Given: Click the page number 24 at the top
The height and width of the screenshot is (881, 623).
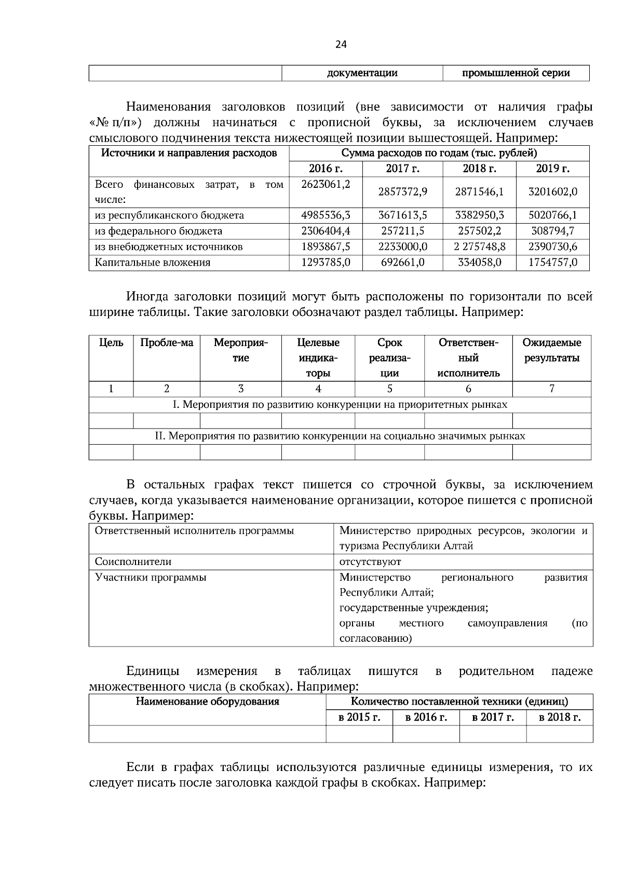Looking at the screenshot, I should tap(341, 45).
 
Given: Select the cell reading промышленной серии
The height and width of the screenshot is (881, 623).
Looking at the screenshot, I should tap(516, 73).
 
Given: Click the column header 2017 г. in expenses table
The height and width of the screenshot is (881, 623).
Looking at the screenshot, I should tap(402, 169).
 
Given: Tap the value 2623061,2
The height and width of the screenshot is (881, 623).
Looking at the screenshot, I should tap(326, 184).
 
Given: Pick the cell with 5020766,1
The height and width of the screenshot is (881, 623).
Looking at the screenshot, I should tap(552, 215).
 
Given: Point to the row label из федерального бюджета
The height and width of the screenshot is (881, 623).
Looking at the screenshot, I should tap(158, 231).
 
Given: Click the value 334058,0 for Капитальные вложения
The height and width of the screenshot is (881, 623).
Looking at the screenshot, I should tap(479, 262).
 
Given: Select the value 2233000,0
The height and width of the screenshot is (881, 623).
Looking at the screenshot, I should tap(402, 246).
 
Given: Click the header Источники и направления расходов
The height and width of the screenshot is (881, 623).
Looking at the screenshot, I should tap(188, 153).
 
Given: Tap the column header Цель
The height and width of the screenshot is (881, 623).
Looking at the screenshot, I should tap(111, 342).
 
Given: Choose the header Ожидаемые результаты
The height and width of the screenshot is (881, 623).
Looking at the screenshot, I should tap(551, 350).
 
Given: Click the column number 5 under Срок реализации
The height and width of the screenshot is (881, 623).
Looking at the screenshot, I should tap(389, 389).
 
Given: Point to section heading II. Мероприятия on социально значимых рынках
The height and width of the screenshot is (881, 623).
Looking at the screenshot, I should tap(340, 436).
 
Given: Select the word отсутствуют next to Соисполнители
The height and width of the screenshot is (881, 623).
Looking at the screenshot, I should tap(370, 561).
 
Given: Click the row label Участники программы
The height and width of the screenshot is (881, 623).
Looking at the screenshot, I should tap(151, 577).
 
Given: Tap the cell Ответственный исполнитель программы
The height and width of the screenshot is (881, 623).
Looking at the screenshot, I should tap(194, 531).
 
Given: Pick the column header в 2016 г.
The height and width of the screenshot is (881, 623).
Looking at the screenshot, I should tap(426, 717).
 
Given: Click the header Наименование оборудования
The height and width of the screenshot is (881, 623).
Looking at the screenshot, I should tap(207, 701).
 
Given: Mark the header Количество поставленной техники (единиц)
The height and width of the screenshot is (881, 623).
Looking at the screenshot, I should tap(459, 701).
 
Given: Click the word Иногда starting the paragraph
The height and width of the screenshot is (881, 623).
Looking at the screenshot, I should tap(147, 297).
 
